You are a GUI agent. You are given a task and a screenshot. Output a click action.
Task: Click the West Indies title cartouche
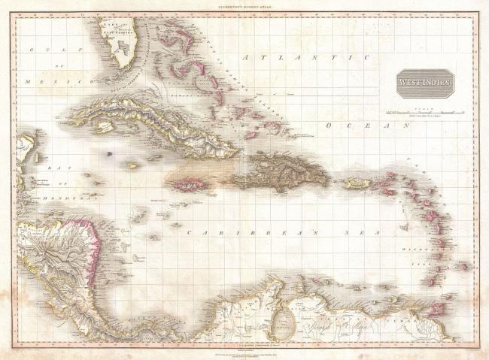tap(426, 82)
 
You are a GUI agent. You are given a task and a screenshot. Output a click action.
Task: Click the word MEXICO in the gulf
tap(47, 80)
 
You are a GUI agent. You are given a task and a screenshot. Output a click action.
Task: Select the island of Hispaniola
tap(278, 171)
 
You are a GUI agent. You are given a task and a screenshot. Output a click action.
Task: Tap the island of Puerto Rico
tap(357, 182)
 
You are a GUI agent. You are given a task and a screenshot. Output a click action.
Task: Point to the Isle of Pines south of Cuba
tap(110, 154)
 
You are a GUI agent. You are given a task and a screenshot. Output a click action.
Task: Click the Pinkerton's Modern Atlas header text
tap(244, 5)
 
